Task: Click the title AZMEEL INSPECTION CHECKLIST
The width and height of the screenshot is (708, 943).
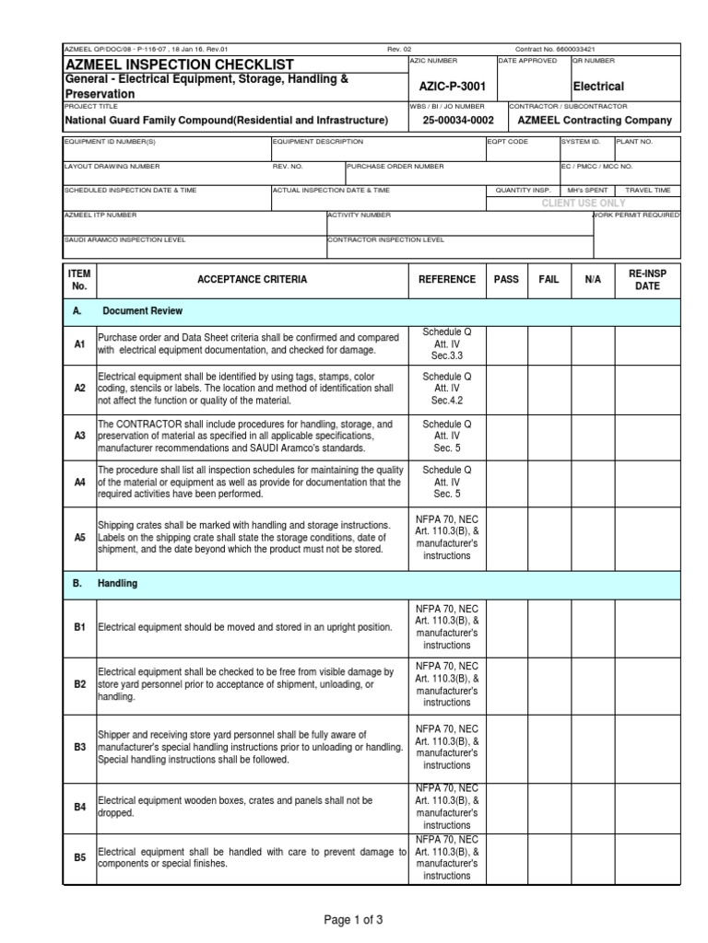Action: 179,64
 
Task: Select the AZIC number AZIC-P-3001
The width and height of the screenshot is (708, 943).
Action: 452,86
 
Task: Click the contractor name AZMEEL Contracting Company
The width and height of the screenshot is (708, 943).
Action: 595,121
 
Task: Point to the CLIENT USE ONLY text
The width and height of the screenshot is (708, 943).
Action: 583,203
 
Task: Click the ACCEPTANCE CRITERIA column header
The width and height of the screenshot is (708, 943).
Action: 252,279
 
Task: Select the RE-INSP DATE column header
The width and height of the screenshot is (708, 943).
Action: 647,279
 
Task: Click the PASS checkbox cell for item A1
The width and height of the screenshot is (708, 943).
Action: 506,343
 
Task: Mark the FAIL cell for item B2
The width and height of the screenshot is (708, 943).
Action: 549,684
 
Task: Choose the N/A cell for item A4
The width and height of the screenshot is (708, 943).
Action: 593,482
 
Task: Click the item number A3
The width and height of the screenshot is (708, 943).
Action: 79,435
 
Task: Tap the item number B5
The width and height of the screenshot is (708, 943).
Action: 79,857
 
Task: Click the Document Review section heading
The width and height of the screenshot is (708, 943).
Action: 142,311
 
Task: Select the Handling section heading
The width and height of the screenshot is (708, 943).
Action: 124,584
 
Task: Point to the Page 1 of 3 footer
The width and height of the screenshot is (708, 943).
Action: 354,919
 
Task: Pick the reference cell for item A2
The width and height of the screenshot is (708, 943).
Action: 446,389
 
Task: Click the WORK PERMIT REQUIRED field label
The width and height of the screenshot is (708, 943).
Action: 637,215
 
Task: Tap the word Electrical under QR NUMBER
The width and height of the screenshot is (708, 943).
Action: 598,87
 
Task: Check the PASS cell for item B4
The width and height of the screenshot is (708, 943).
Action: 506,807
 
